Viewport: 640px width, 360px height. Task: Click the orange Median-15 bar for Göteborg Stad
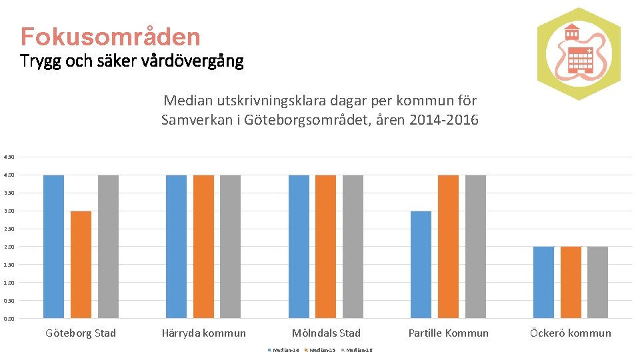point(81,265)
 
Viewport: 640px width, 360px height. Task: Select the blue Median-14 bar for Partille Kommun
point(421,265)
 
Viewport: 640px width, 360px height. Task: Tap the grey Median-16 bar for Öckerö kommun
point(597,282)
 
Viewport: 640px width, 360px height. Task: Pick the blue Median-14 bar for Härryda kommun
point(176,247)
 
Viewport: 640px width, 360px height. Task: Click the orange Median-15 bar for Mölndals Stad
point(325,247)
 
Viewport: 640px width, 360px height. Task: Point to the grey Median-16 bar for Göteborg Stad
point(108,247)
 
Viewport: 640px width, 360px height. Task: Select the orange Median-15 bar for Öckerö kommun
point(571,282)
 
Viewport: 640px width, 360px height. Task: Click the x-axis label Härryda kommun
point(203,333)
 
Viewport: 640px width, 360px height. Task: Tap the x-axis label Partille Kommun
point(448,333)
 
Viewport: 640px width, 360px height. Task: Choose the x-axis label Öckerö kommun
point(571,333)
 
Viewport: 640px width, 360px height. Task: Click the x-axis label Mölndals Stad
point(326,333)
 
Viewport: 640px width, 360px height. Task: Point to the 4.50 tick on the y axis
point(9,157)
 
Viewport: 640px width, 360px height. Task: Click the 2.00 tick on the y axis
point(9,247)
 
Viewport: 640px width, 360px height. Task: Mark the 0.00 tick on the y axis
point(9,319)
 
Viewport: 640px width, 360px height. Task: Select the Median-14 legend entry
point(285,350)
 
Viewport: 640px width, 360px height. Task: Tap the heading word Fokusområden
point(110,36)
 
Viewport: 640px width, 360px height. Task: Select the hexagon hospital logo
point(579,53)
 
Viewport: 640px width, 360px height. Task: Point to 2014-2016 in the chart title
point(444,121)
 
